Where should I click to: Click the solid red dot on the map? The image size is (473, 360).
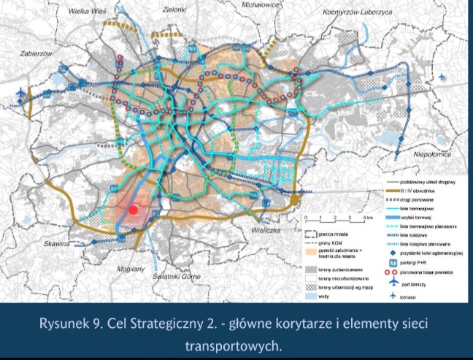134,210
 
